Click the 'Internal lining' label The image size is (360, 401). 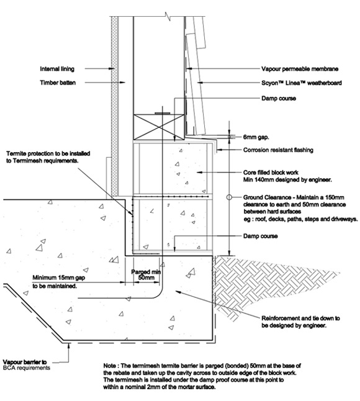[x=57, y=69]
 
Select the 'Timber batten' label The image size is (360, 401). [x=58, y=83]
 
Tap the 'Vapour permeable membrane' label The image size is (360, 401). [x=300, y=69]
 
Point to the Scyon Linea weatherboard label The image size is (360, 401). [x=302, y=83]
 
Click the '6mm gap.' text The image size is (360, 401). [x=256, y=137]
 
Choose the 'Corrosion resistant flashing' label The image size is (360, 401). [x=278, y=150]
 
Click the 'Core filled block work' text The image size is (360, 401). [x=271, y=173]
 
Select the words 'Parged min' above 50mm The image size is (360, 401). [x=146, y=272]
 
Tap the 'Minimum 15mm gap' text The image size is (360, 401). [x=59, y=277]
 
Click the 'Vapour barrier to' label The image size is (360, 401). [x=25, y=362]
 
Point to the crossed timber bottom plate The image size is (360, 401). [x=159, y=127]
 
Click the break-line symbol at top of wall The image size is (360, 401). [x=168, y=16]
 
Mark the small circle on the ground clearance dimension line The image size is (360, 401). [x=229, y=197]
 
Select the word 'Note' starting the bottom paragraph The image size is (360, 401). [x=110, y=366]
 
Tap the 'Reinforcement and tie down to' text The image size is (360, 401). [x=300, y=318]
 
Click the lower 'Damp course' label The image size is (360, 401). [x=260, y=236]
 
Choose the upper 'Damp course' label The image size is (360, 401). [x=279, y=99]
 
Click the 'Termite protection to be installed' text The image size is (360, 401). [x=48, y=154]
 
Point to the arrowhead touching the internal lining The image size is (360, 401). [x=111, y=68]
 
